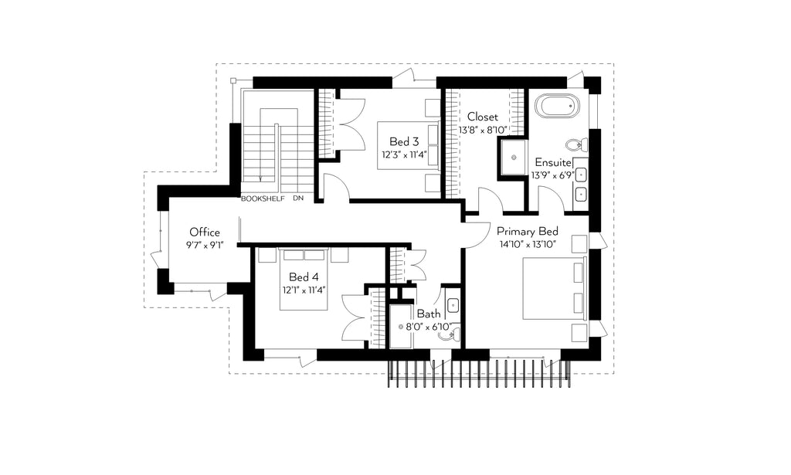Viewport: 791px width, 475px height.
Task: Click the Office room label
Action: coord(204,232)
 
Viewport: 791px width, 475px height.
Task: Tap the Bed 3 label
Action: coord(403,141)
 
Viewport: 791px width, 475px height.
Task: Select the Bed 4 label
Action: coord(303,277)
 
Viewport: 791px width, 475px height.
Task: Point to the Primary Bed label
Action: coord(527,232)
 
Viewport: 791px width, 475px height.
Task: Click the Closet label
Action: coord(482,117)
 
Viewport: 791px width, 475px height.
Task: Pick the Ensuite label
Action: coord(553,162)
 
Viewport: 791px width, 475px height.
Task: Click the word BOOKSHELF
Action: coord(263,198)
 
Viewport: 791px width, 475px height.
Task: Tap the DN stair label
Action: coord(298,198)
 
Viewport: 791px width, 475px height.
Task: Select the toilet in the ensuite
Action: coord(576,145)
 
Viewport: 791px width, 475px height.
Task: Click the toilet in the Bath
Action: coord(449,334)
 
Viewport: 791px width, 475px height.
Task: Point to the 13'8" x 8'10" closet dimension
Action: coord(483,130)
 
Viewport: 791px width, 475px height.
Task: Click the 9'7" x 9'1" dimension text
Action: coord(204,246)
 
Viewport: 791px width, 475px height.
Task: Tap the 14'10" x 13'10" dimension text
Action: coord(527,245)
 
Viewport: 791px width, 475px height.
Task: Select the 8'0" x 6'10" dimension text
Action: coord(428,327)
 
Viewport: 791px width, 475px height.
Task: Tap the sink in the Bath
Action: coord(453,304)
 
